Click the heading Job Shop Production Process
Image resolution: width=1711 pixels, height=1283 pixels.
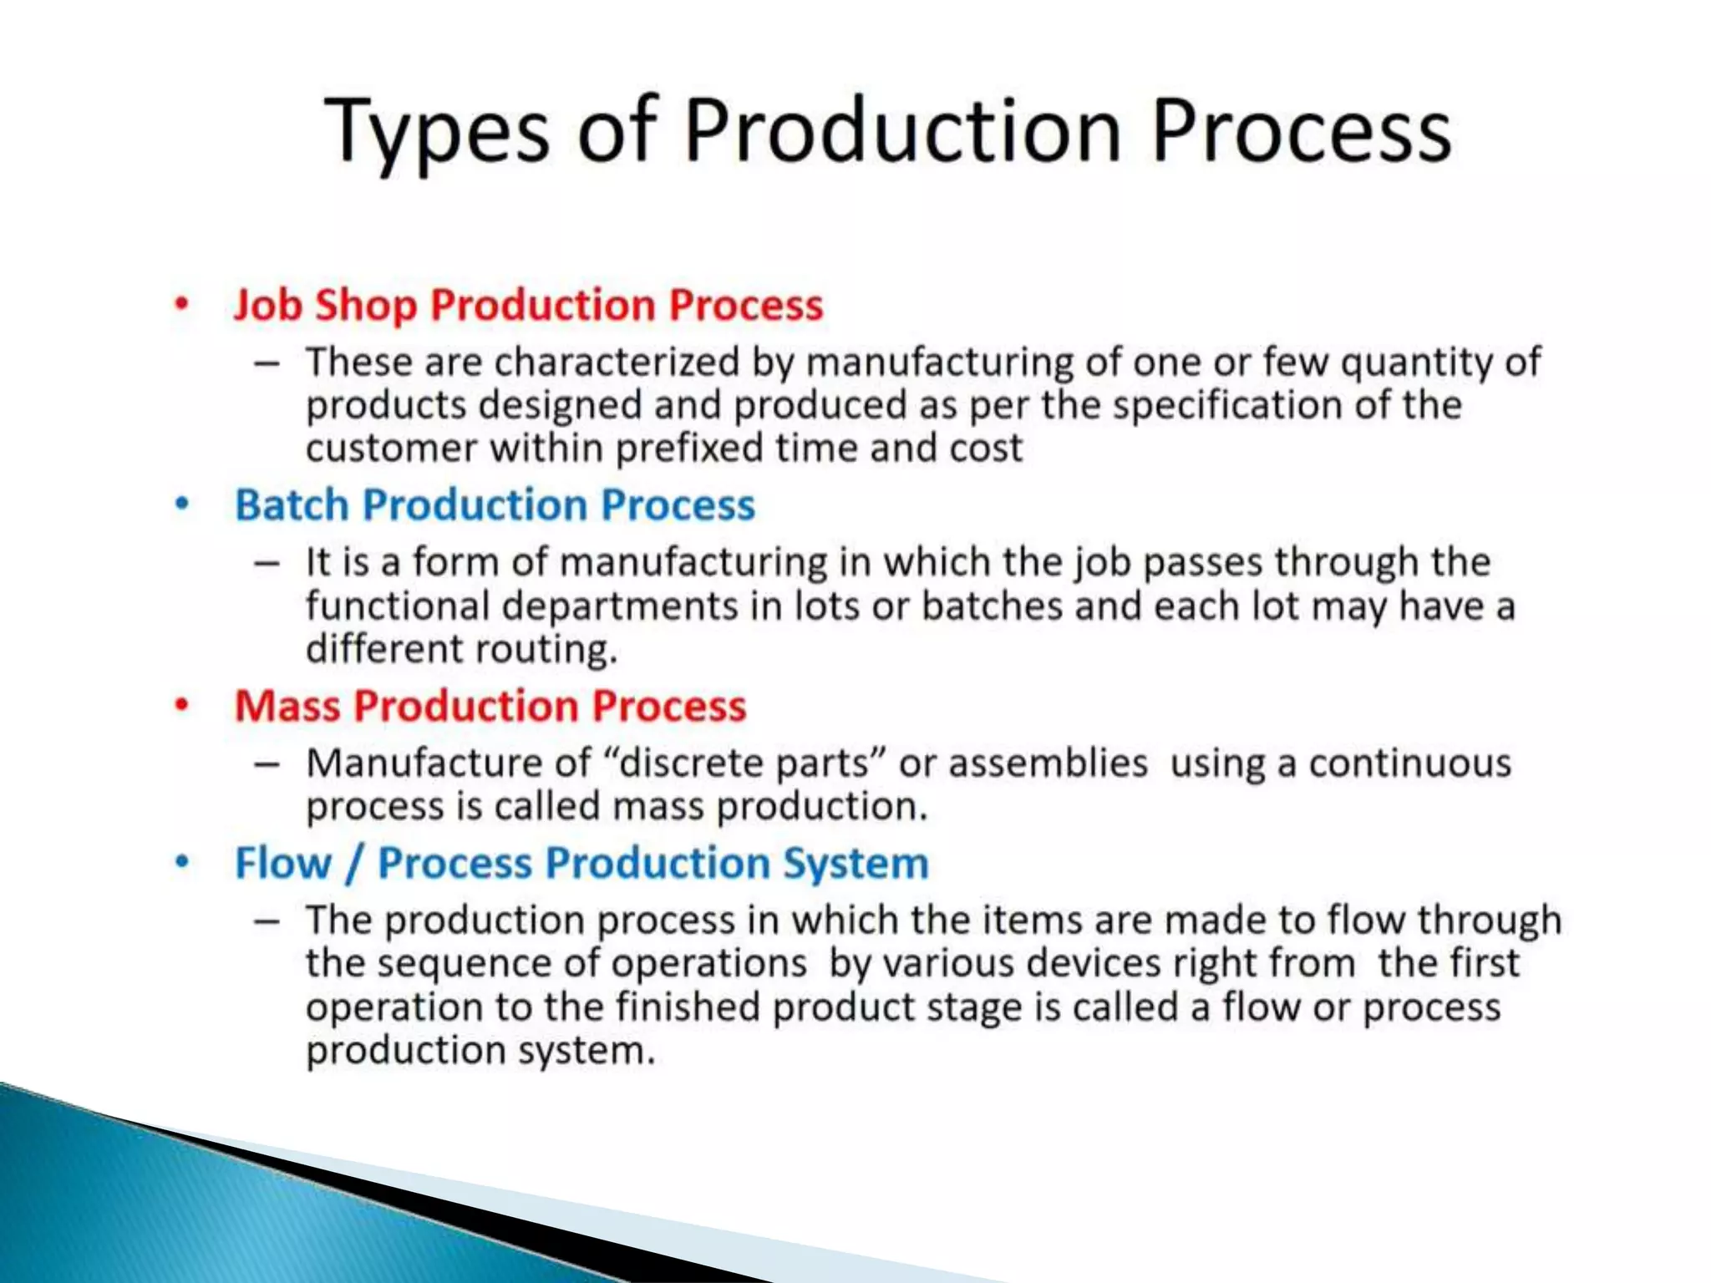coord(528,305)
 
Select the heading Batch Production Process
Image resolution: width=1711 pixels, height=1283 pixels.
coord(495,505)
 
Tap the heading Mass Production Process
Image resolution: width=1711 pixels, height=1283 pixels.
coord(490,706)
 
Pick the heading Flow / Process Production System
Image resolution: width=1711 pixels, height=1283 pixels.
coord(581,863)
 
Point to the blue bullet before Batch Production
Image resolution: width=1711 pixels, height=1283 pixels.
coord(181,504)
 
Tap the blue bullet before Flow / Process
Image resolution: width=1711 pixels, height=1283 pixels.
coord(181,862)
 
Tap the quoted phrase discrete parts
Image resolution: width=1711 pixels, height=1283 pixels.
coord(744,763)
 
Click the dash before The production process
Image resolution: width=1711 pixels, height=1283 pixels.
coord(267,920)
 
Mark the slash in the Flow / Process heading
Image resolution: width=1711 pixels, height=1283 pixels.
coord(354,863)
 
